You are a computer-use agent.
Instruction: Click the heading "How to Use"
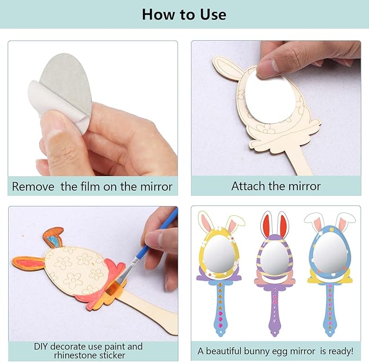184,14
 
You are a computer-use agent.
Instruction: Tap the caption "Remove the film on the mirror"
92,186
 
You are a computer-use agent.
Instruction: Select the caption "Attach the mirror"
276,186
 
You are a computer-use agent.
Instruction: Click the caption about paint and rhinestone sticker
88,351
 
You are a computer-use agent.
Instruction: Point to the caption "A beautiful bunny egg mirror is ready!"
275,351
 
